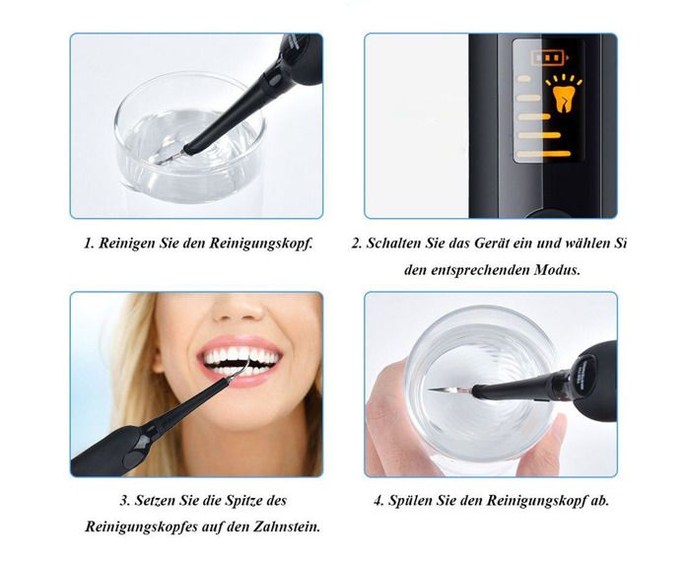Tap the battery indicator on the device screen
[x=550, y=57]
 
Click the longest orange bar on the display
[x=543, y=154]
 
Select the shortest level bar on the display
[x=524, y=79]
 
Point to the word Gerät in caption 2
[x=493, y=243]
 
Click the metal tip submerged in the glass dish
[x=170, y=157]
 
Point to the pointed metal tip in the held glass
[x=448, y=389]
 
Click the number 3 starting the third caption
[x=124, y=501]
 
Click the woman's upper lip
[x=239, y=342]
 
